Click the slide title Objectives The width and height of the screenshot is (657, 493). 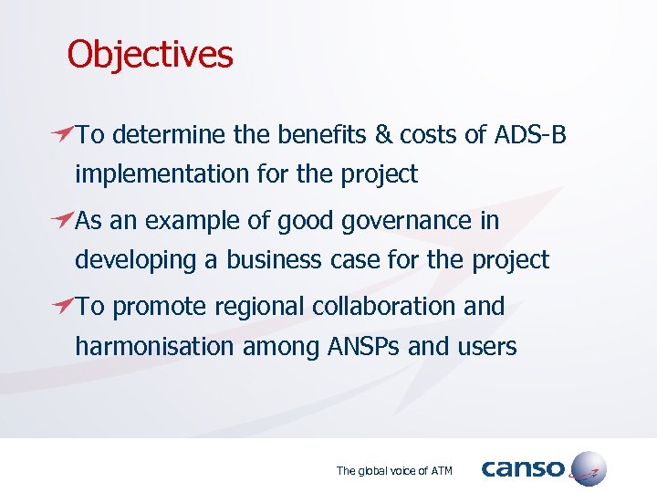point(150,55)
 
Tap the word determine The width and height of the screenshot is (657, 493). point(171,135)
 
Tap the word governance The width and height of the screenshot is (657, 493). point(421,221)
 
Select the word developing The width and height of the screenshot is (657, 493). point(136,260)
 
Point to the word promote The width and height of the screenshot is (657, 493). point(160,307)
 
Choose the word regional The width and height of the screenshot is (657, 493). point(260,307)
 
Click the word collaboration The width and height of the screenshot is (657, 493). point(384,307)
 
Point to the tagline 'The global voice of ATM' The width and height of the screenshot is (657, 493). point(394,471)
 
